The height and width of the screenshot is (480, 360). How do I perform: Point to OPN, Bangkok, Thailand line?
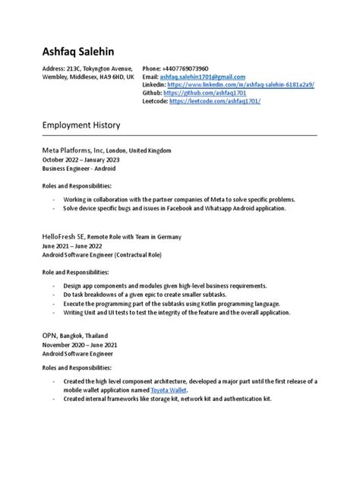click(75, 335)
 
